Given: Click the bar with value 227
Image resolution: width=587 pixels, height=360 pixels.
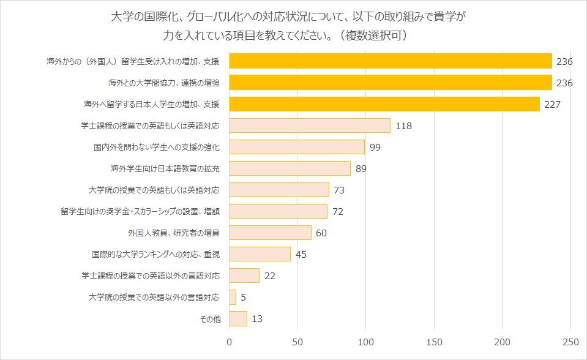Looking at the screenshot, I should coord(384,104).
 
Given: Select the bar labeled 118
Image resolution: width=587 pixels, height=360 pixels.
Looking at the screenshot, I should coord(310,126).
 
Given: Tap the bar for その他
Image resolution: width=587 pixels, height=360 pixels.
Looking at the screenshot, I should coord(238,318).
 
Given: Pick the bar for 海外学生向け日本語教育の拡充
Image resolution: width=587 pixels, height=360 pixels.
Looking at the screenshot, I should coord(290,168).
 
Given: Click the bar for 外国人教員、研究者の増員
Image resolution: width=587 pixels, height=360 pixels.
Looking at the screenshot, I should coord(270,233).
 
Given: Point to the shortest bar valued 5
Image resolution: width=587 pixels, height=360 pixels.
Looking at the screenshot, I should coord(233,297).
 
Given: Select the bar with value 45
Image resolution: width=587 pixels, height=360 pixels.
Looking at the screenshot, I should coord(260,254).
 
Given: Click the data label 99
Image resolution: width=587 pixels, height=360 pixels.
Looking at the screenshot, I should coord(375,148).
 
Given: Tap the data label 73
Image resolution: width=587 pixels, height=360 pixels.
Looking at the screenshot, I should coord(339,190).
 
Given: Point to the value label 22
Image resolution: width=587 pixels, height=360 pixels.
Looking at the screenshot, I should coord(270,276).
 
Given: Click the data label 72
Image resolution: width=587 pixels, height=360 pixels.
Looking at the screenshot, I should coord(337,212).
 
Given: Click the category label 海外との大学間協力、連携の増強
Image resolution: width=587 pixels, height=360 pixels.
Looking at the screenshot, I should coord(163,83).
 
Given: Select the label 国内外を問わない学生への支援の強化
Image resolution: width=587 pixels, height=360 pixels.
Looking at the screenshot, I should coord(156,148).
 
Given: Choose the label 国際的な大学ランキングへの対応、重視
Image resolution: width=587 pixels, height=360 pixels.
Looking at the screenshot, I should coord(155,254).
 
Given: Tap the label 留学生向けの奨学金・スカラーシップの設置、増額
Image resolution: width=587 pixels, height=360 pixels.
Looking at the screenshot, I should coord(140,212).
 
